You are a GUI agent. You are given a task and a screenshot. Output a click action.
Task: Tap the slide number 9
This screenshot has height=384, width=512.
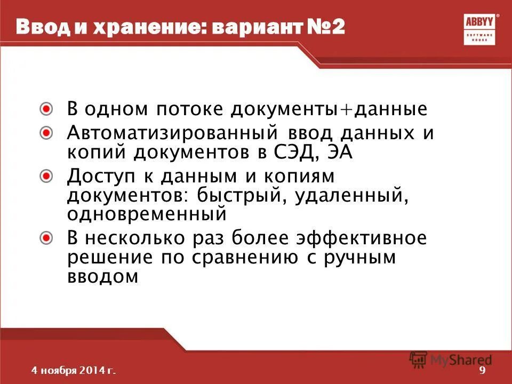(483, 371)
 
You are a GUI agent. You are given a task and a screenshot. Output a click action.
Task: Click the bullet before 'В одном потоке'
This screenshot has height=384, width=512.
(47, 109)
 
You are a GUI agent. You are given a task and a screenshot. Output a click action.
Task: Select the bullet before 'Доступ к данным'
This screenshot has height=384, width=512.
(47, 175)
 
